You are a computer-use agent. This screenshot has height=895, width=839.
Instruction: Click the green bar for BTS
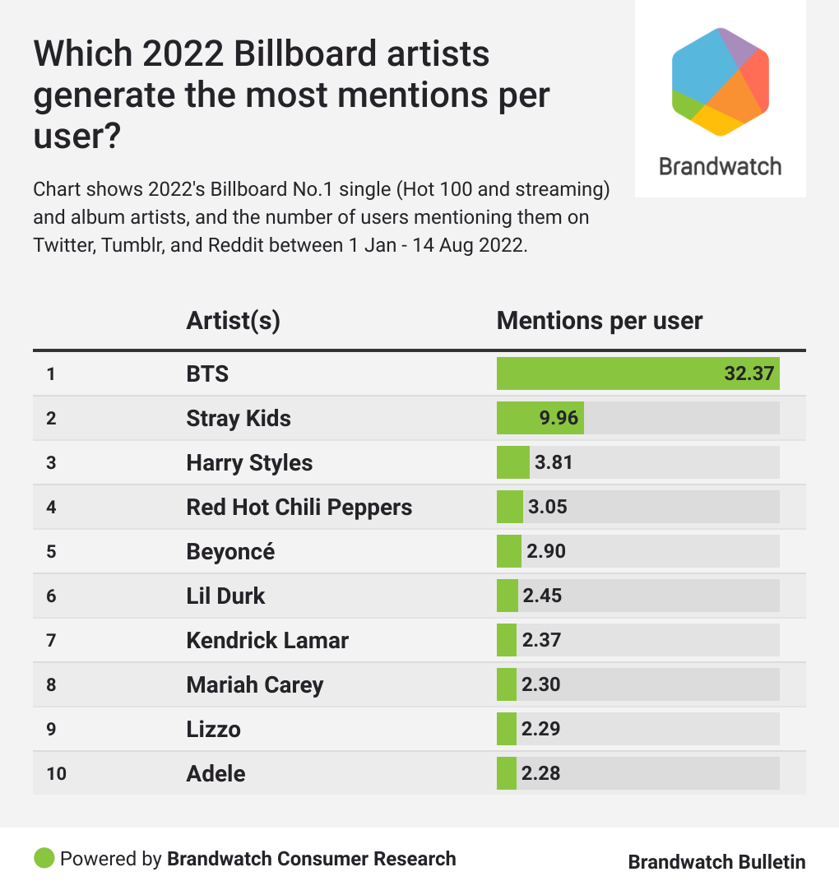[609, 373]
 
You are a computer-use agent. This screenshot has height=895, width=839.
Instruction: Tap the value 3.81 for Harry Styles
[554, 462]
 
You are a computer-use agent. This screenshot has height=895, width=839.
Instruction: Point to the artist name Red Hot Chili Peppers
[299, 507]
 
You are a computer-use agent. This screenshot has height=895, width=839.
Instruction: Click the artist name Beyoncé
[230, 551]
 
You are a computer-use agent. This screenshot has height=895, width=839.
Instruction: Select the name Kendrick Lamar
[267, 640]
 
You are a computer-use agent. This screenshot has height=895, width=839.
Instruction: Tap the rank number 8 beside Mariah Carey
[51, 684]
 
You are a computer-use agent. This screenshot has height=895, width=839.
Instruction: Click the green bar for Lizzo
[507, 729]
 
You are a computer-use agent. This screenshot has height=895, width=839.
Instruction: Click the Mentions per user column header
[600, 321]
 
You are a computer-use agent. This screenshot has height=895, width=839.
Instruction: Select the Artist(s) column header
[234, 321]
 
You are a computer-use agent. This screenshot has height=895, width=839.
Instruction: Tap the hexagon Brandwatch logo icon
[721, 81]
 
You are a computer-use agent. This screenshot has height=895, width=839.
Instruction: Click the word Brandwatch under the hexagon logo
[721, 166]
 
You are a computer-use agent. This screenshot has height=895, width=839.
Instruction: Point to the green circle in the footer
[44, 859]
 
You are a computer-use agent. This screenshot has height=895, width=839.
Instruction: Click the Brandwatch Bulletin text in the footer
[716, 862]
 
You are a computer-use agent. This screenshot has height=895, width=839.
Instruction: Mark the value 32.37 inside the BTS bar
[749, 373]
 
